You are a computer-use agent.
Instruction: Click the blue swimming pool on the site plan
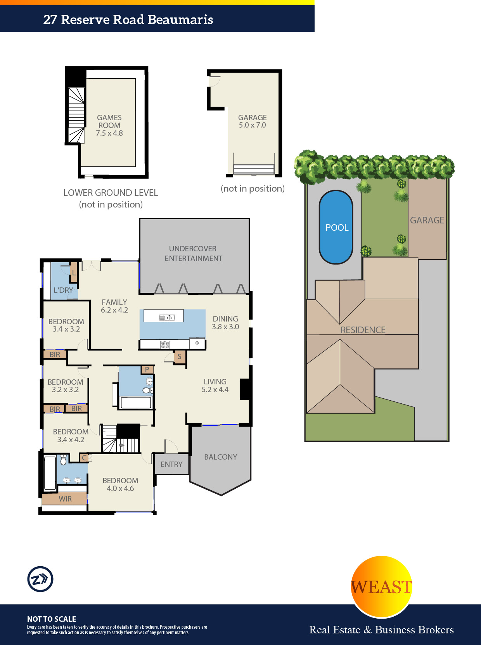pos(336,227)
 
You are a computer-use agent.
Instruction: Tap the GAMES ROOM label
pos(109,121)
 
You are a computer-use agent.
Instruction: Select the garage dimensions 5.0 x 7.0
pos(253,125)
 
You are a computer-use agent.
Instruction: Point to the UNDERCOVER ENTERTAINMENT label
pos(193,253)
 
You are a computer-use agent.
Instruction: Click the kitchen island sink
pos(167,317)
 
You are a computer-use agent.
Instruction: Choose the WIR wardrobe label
pos(65,499)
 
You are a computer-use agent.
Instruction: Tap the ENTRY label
pos(171,464)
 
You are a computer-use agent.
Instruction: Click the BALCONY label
pos(220,457)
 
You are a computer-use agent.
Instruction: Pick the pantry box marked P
pos(147,369)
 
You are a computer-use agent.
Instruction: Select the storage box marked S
pos(180,357)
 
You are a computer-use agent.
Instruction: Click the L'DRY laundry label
pos(63,291)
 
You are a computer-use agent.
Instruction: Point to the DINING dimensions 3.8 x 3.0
pos(226,327)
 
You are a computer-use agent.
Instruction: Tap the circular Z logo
pos(40,579)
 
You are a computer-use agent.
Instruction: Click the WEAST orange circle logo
pos(382,586)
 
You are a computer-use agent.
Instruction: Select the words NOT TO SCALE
pos(52,619)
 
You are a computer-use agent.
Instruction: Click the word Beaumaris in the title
pos(180,20)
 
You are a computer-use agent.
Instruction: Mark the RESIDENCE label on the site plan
pos(363,330)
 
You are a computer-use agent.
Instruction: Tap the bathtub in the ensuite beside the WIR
pos(50,473)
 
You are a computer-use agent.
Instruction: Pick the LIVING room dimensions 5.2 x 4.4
pos(215,390)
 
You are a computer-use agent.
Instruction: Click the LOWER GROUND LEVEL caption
pos(111,193)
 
